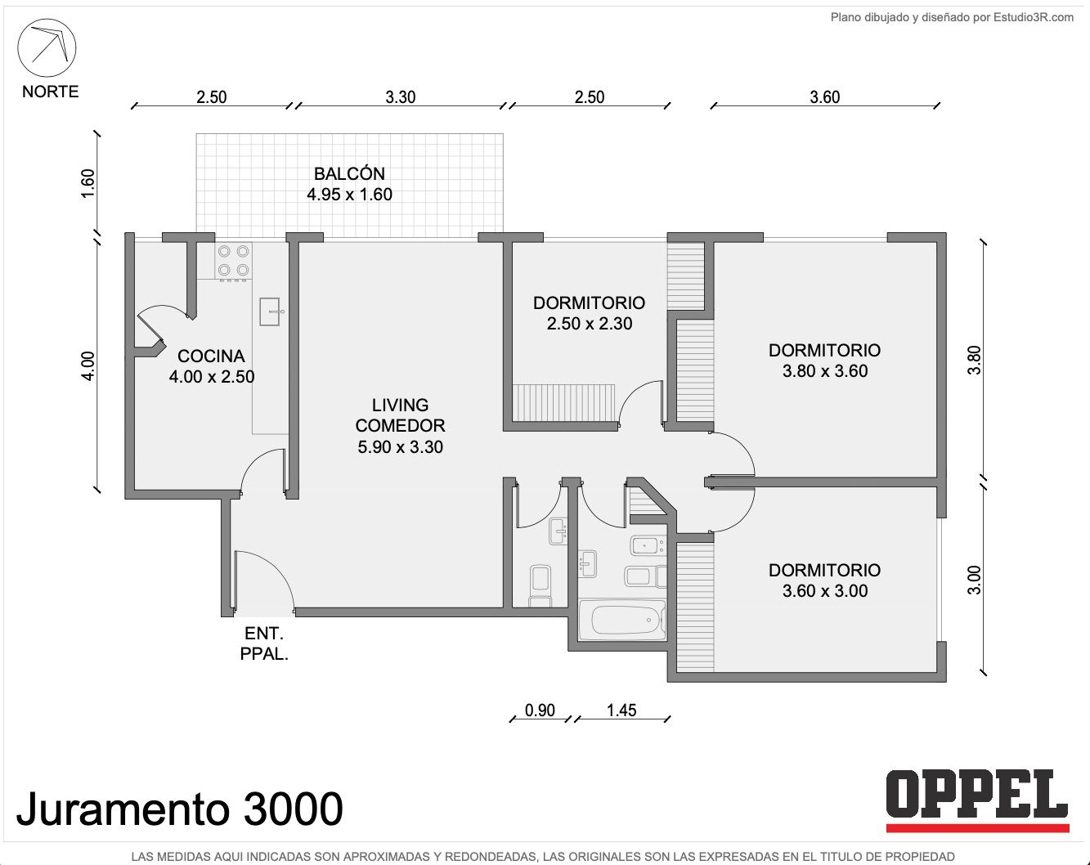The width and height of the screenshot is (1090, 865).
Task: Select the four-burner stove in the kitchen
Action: (x=233, y=262)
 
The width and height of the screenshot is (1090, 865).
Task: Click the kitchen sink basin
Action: (x=270, y=311)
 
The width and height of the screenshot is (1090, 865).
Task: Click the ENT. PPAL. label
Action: (x=264, y=643)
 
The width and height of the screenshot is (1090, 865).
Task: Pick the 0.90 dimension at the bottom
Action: (x=540, y=710)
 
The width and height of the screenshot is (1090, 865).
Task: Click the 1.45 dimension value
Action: (x=621, y=710)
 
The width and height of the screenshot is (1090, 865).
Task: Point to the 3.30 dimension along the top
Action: (x=400, y=96)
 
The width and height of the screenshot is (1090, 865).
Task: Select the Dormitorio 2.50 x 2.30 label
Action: (x=589, y=313)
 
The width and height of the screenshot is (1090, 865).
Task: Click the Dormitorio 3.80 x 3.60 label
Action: (x=824, y=361)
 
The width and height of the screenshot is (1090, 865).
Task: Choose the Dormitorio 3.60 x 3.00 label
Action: (x=824, y=580)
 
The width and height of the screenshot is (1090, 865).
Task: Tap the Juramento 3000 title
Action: (x=180, y=809)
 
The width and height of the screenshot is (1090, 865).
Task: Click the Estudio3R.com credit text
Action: (x=953, y=17)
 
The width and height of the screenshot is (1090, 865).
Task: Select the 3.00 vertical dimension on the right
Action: (x=974, y=580)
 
